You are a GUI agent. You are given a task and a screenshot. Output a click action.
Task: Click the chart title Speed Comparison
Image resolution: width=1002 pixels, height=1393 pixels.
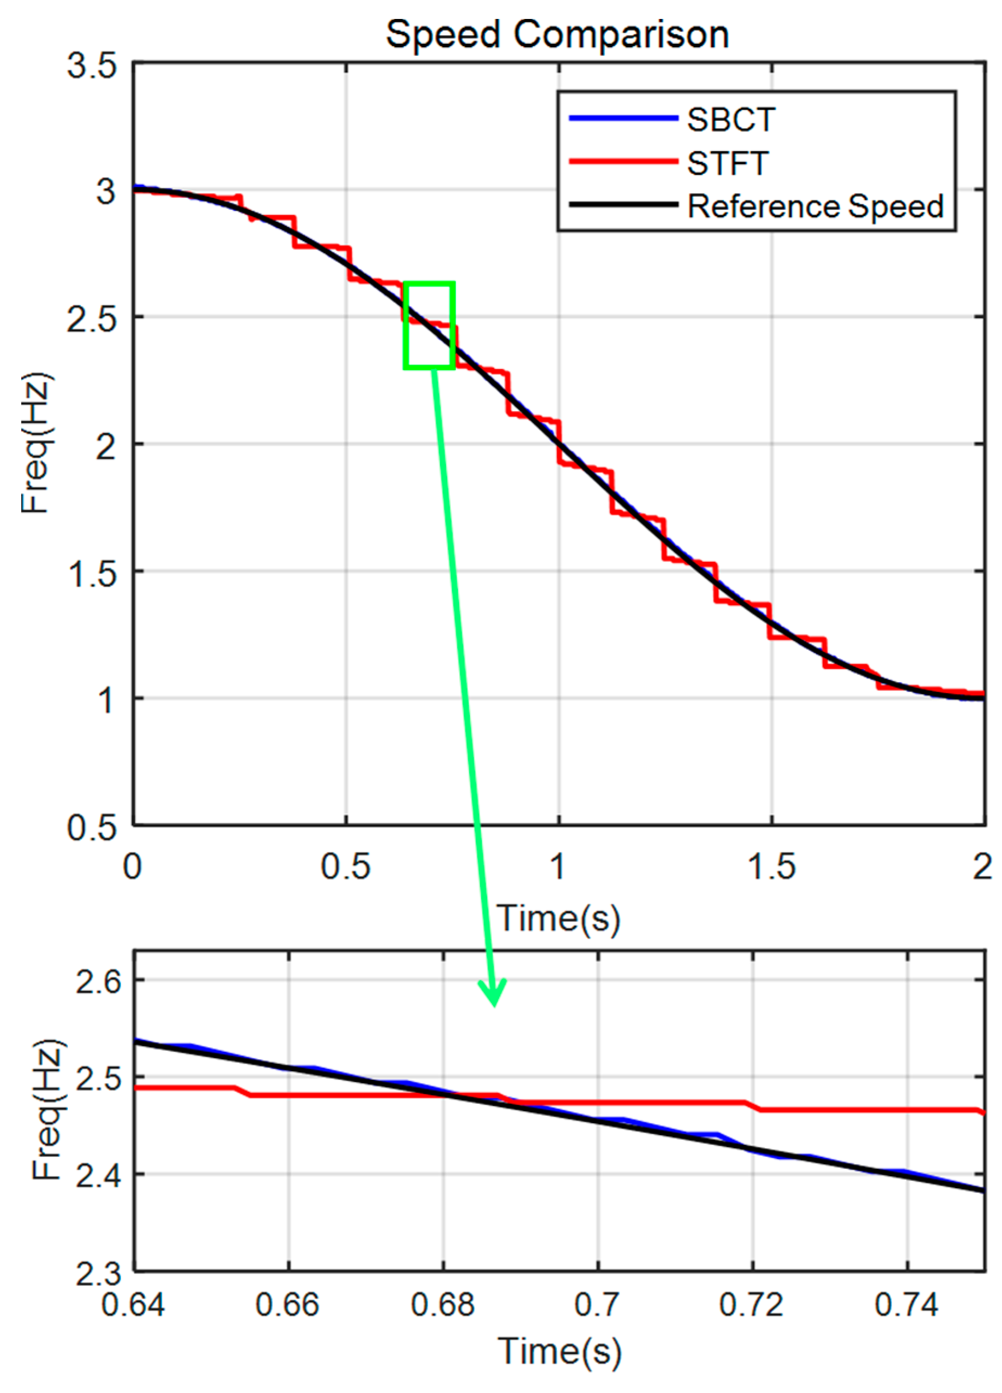557,35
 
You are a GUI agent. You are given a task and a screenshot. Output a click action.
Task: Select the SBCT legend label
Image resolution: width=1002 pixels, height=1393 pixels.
731,119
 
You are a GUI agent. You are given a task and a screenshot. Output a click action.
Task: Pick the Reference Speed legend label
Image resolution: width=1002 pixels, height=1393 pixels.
815,206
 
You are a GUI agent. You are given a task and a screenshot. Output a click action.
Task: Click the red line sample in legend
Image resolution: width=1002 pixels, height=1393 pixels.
623,162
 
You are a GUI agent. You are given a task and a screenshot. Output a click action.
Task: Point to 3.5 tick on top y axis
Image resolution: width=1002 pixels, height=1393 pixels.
92,65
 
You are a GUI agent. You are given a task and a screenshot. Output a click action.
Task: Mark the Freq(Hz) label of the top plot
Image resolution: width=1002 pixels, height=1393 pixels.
36,442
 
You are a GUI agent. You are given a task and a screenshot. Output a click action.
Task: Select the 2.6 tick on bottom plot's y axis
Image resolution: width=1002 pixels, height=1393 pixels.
98,981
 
